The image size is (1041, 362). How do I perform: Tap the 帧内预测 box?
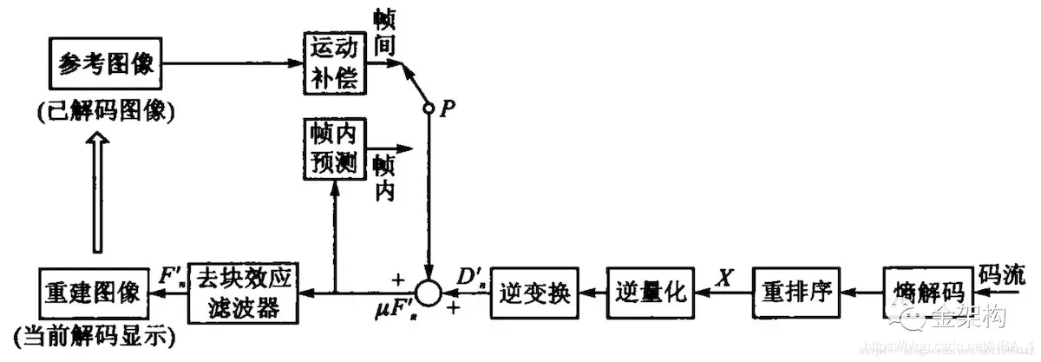335,148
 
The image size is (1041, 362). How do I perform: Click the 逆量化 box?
650,293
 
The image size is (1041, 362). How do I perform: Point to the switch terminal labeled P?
428,109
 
